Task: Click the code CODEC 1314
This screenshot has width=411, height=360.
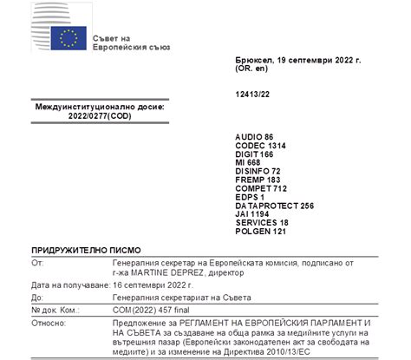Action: pos(261,147)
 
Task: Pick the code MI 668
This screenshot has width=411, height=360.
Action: pos(249,167)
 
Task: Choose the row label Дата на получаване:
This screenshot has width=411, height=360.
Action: pos(68,285)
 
